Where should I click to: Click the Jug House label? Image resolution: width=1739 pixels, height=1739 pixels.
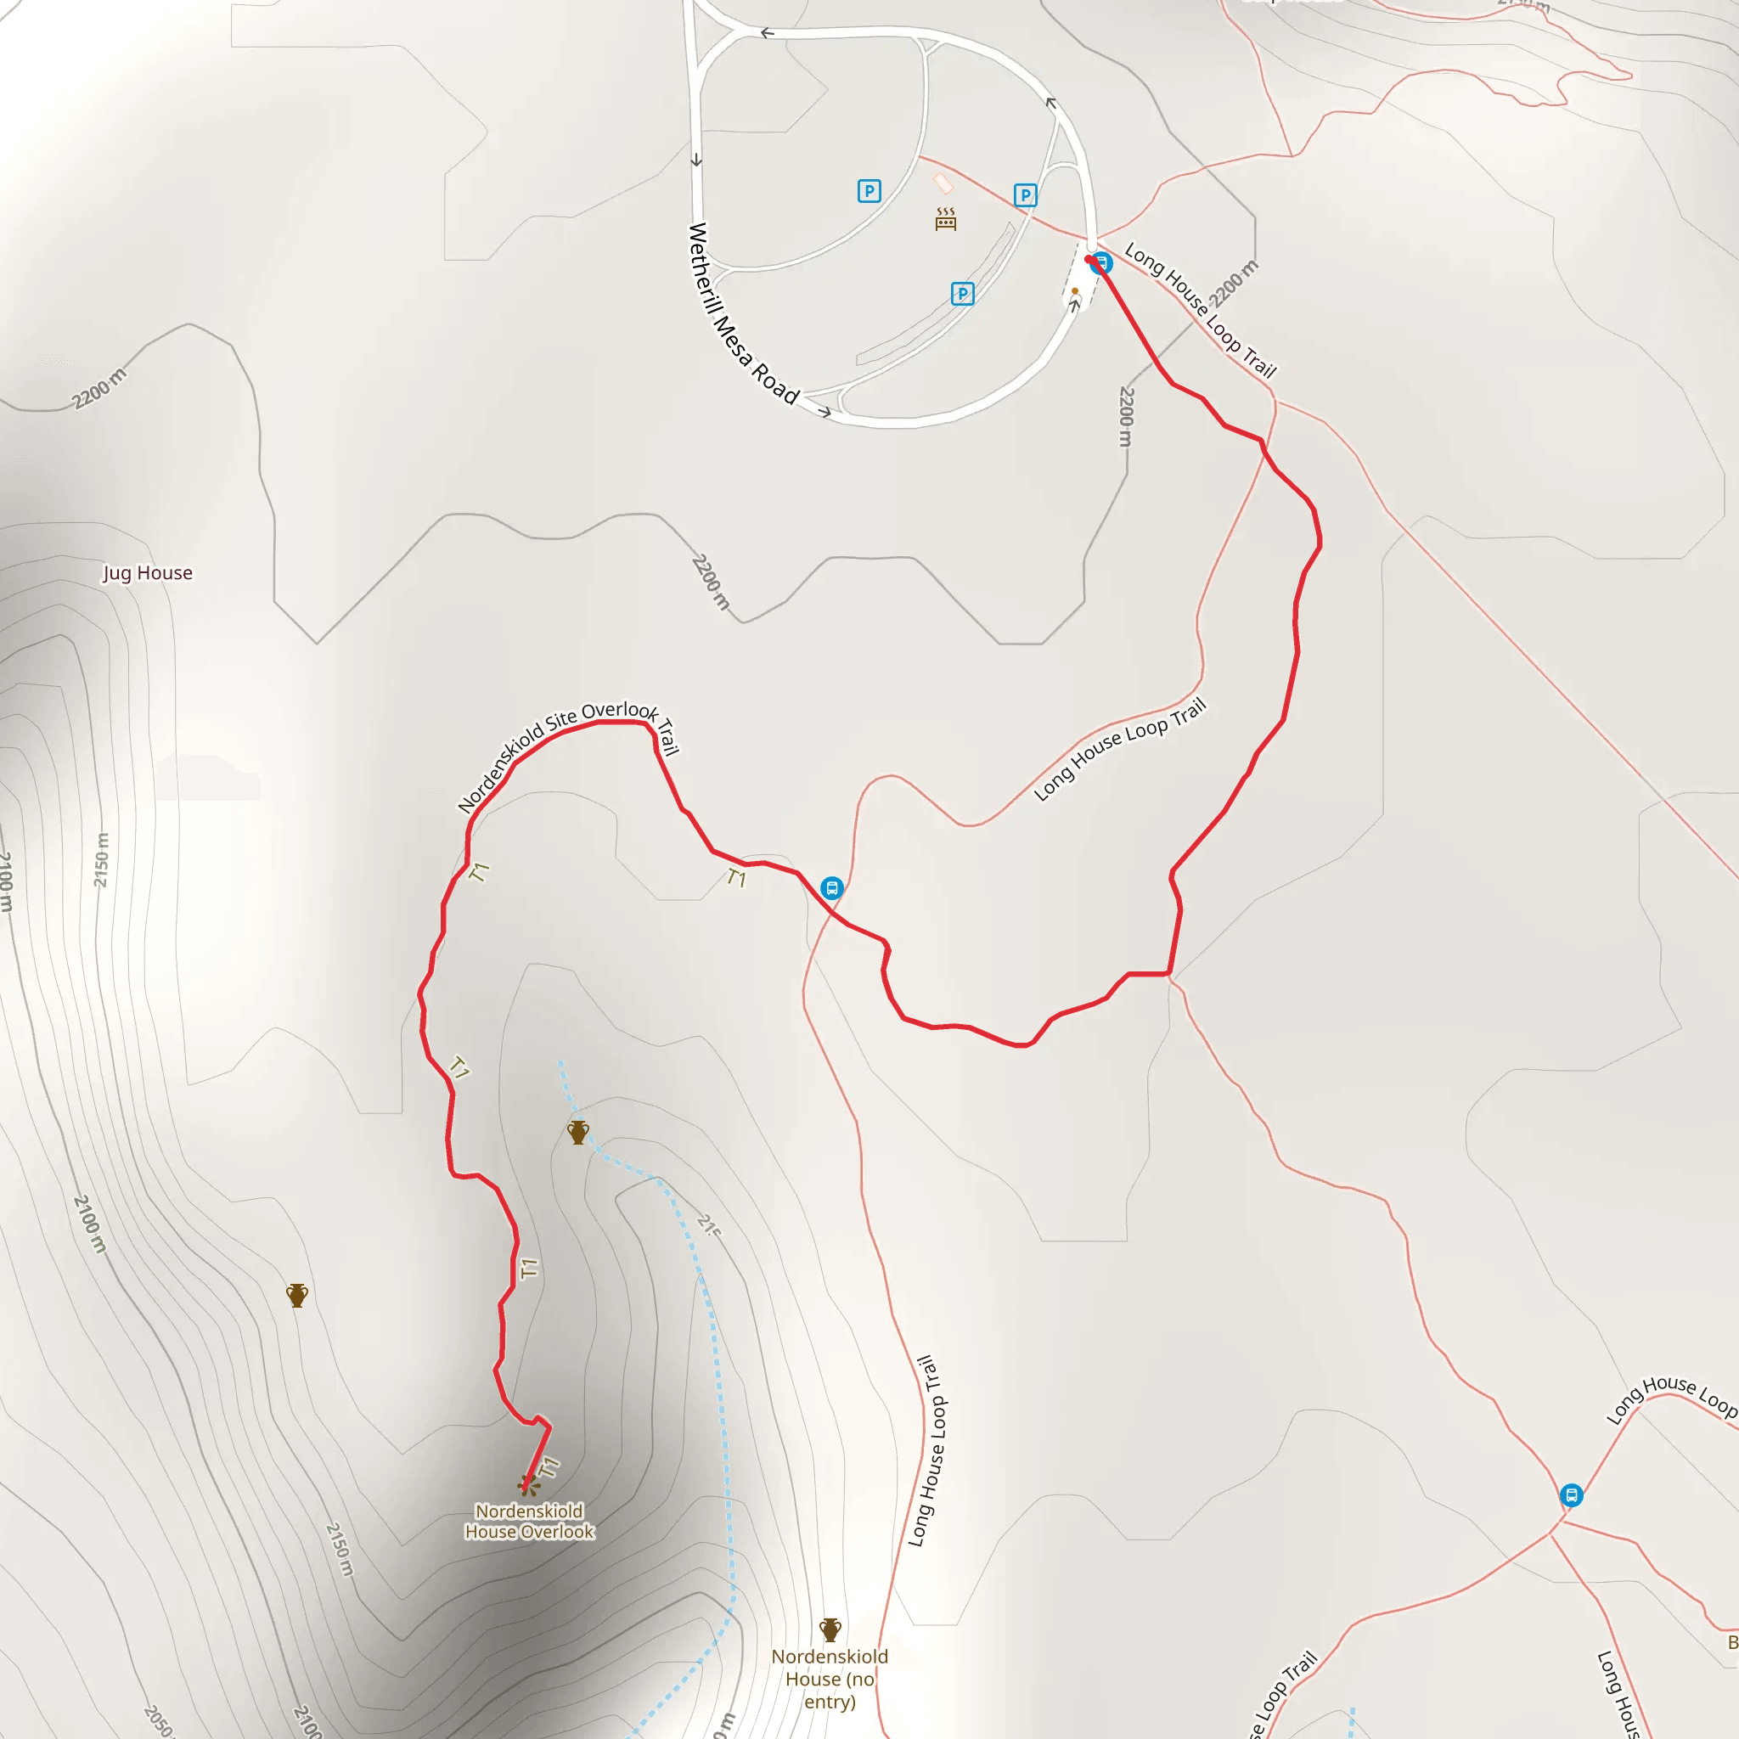tap(148, 573)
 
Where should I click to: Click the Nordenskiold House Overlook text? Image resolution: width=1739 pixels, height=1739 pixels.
tap(529, 1521)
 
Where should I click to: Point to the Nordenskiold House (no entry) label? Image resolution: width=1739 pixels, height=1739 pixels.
tap(829, 1679)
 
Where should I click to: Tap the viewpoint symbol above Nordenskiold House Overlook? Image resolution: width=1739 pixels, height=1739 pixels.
tap(528, 1484)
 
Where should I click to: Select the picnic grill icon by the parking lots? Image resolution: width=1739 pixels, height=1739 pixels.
tap(945, 219)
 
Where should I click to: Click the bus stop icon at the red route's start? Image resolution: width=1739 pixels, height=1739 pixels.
tap(1101, 264)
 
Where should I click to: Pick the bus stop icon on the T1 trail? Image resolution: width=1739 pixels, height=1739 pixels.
tap(831, 888)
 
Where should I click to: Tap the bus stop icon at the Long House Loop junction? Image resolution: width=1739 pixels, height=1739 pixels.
tap(1571, 1496)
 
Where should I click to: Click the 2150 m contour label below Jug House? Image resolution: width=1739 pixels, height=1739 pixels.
tap(101, 859)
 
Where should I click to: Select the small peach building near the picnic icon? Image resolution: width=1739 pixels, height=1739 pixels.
tap(943, 183)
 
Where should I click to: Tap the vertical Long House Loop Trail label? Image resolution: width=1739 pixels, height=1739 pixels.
tap(926, 1451)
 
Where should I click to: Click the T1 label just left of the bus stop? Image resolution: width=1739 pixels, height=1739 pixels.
tap(736, 878)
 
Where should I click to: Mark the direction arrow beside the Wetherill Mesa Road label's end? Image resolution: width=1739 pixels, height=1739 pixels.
tap(824, 412)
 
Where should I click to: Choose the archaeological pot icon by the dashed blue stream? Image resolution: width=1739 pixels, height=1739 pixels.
tap(578, 1133)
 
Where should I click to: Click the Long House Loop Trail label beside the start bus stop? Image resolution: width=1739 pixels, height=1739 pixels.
tap(1200, 311)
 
